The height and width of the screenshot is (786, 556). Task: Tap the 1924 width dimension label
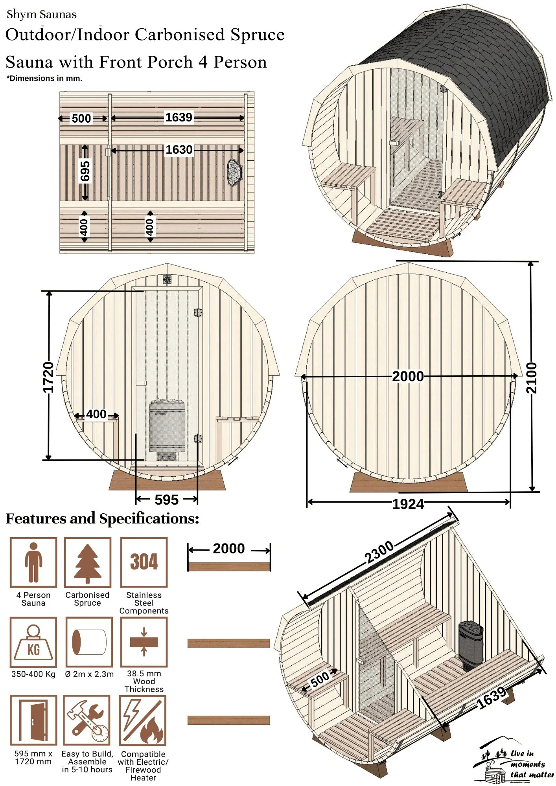coord(408,504)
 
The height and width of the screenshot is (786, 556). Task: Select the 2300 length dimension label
coord(379,552)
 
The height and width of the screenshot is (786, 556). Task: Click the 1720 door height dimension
coord(48,377)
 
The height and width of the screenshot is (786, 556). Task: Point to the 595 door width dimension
coord(167,500)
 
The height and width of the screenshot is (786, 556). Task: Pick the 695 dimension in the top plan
coord(85,171)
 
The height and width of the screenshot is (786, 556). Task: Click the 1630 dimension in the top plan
coord(179,150)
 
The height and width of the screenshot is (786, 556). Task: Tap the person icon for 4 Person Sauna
coord(33,562)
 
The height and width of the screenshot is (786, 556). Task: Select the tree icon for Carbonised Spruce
coord(88,562)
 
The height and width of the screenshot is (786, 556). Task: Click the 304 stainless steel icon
coord(144,562)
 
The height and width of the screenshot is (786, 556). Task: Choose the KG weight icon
coord(33,642)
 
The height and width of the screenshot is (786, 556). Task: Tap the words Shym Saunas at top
coord(42,15)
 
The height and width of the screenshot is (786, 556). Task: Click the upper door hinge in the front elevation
coord(198,313)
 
